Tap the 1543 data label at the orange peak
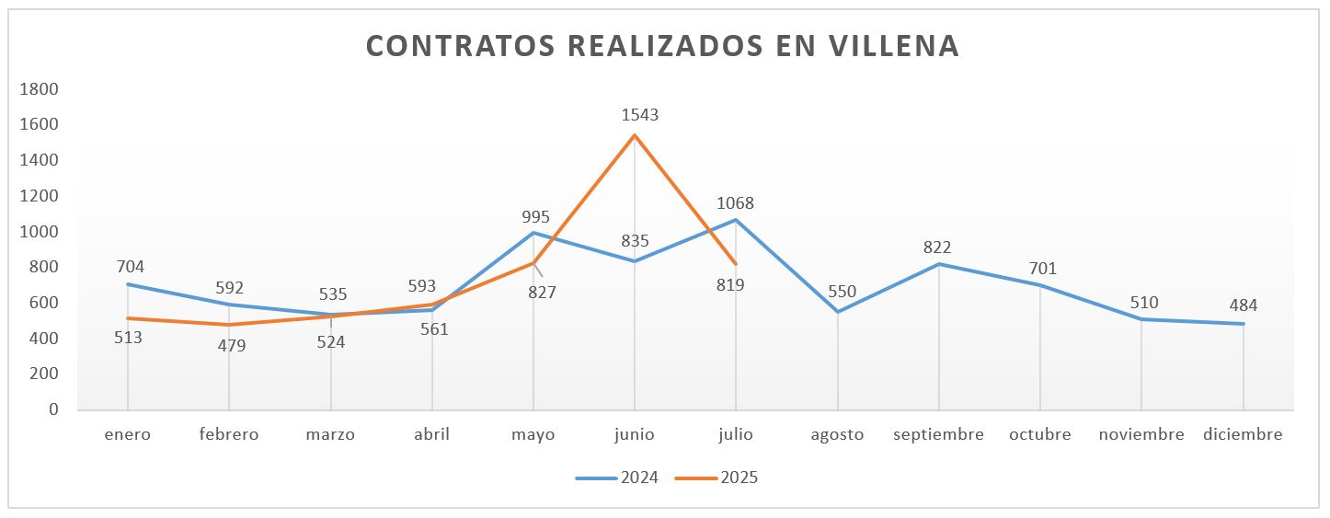640,115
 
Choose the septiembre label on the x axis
938,434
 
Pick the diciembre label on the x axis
1243,434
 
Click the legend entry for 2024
616,478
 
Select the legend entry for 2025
717,478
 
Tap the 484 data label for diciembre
1243,305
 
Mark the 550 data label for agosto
843,292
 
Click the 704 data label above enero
131,267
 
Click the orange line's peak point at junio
635,136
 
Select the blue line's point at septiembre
938,264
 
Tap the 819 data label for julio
730,285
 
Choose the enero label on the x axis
127,434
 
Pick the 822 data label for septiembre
938,247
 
